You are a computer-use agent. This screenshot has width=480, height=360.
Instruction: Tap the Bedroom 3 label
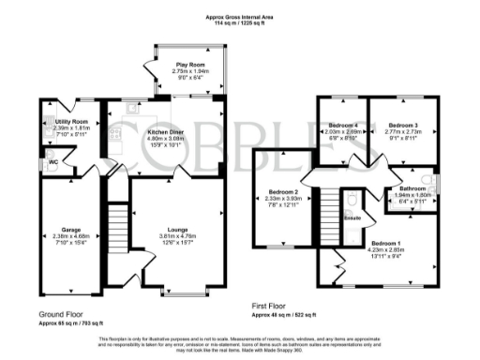403,126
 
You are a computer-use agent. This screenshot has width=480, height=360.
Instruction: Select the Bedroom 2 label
282,192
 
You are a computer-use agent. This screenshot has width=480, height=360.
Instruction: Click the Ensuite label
353,218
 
